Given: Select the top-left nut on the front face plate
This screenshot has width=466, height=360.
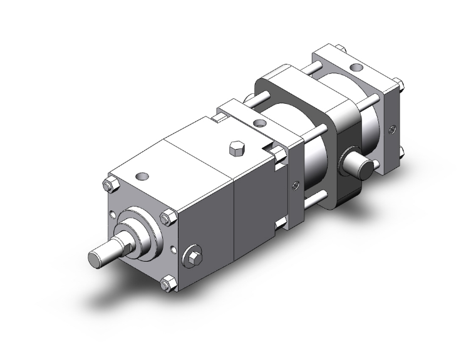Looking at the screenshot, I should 107,186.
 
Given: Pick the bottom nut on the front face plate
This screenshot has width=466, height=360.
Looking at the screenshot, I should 166,285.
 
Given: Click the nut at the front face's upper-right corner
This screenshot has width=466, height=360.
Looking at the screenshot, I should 167,218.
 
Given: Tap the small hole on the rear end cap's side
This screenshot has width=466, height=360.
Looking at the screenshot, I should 391,130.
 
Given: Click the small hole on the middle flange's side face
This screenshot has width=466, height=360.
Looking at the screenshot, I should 294,185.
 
